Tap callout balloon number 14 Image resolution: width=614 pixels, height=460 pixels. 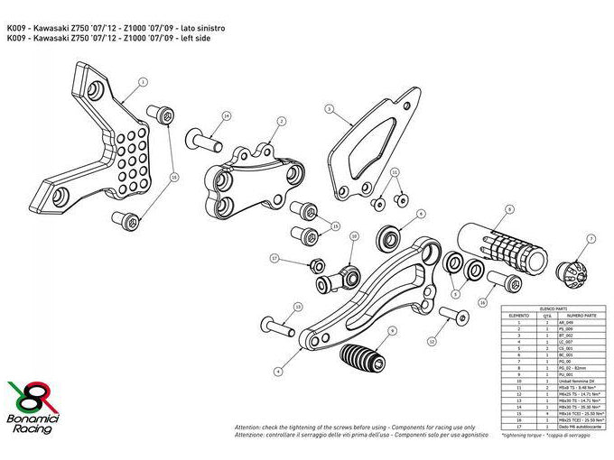point(226,117)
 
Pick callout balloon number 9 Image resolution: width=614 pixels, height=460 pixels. point(391,331)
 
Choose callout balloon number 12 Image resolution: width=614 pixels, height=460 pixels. point(432,342)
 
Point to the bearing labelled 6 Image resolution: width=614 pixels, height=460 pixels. point(391,236)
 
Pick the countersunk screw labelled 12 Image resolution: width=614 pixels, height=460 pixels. point(453,316)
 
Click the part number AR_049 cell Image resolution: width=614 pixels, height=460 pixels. point(576,323)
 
